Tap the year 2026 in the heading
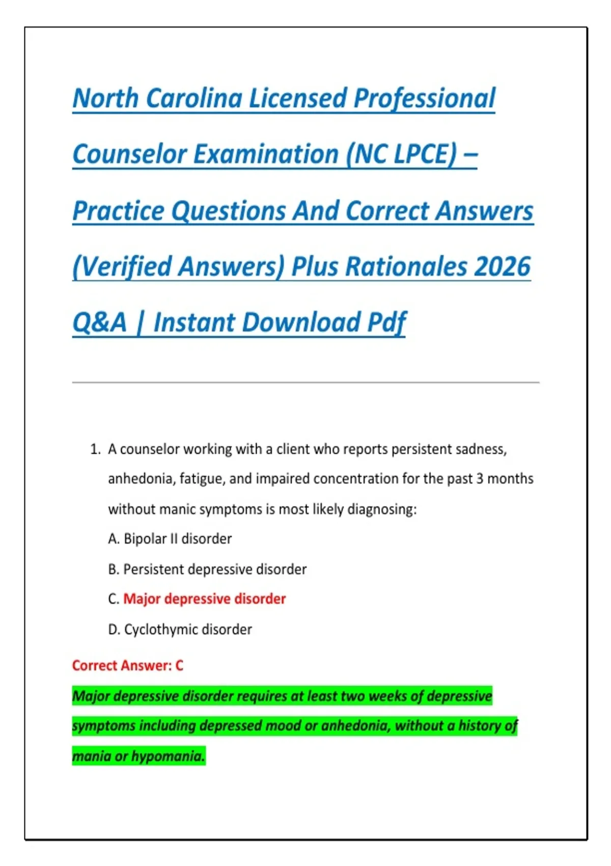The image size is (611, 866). (x=502, y=266)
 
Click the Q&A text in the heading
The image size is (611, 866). (x=99, y=322)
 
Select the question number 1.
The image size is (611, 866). (x=94, y=449)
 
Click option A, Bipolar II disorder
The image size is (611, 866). (x=170, y=539)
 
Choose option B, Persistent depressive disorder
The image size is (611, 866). (x=207, y=569)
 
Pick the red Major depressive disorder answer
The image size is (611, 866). (x=204, y=599)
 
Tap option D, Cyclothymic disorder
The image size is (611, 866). (x=180, y=630)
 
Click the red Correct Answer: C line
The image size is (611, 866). (x=127, y=665)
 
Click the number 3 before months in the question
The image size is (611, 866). (x=480, y=479)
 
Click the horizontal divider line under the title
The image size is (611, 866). (x=305, y=382)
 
